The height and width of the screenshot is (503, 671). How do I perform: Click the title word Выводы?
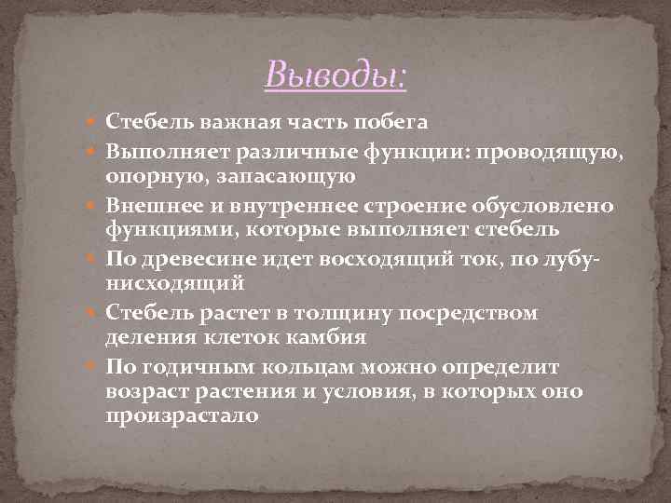click(x=335, y=74)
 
